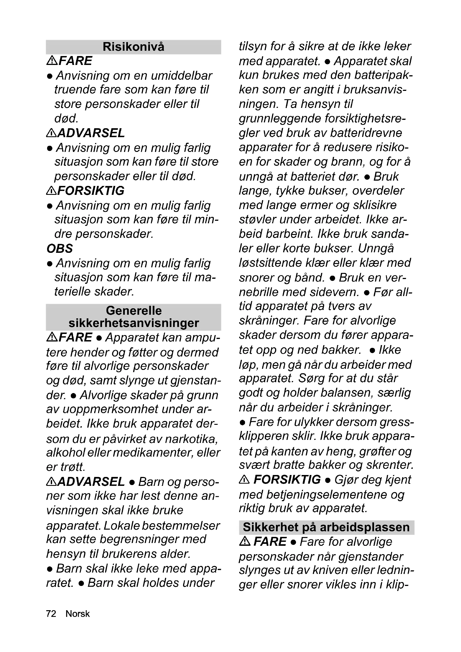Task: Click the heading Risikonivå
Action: (134, 47)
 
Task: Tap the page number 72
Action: (51, 614)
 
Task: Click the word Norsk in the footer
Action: (77, 614)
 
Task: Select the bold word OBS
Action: (60, 248)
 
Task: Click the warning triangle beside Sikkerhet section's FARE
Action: (245, 542)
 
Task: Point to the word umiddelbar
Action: (182, 76)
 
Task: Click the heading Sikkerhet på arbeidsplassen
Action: (326, 527)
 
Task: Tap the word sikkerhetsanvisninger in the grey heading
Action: (134, 323)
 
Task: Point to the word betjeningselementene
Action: (326, 495)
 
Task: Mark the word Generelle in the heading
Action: (134, 310)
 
